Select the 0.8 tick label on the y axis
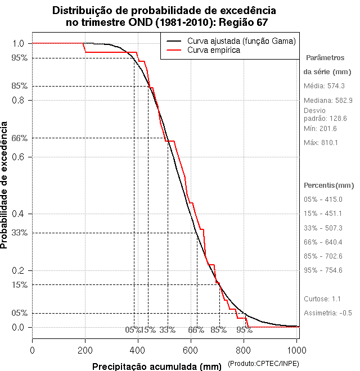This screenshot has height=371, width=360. click(17, 100)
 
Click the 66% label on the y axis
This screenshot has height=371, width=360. click(19, 138)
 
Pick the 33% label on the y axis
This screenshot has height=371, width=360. click(19, 232)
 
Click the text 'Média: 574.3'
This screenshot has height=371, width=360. click(324, 86)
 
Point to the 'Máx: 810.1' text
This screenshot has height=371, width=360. click(321, 143)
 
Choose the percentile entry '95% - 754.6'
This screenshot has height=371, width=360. click(323, 270)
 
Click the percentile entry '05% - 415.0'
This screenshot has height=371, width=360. click(323, 200)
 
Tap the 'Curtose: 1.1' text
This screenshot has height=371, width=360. click(323, 298)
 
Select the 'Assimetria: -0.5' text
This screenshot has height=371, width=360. click(328, 313)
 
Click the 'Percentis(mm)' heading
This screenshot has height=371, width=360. click(329, 185)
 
